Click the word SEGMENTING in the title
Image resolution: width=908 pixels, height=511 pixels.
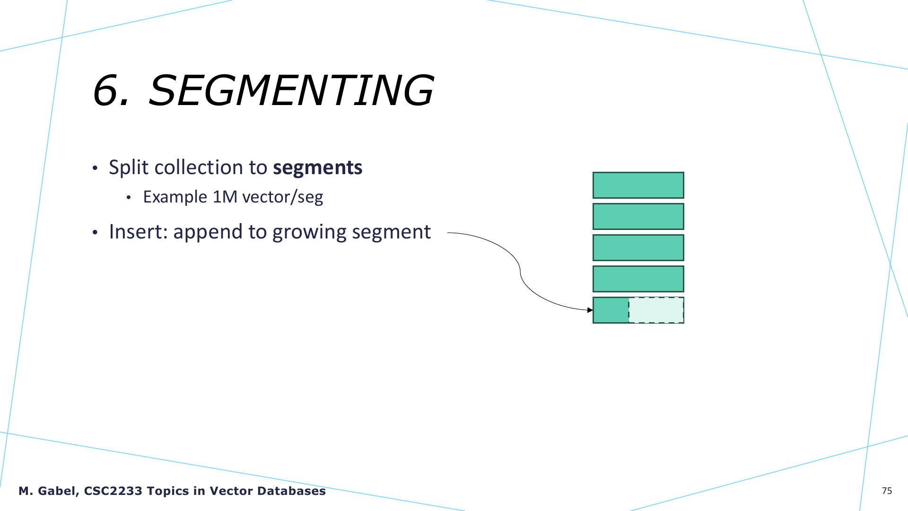click(x=291, y=90)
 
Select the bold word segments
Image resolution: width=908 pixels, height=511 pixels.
click(x=318, y=168)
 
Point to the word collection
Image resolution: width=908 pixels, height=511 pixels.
click(x=199, y=167)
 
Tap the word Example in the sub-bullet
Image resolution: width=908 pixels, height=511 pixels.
click(x=175, y=197)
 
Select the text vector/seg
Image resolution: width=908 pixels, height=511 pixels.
click(x=283, y=197)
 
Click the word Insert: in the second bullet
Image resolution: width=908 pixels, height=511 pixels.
click(x=139, y=232)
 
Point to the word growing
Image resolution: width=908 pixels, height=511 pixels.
click(x=309, y=233)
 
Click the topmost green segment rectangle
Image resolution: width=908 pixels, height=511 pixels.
click(x=638, y=185)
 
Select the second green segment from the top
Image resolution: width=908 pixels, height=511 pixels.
click(x=638, y=216)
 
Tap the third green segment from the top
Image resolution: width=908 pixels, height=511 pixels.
click(x=638, y=247)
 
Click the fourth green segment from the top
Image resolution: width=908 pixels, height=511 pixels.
click(x=638, y=279)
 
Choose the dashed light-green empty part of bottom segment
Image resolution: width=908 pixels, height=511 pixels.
click(x=656, y=310)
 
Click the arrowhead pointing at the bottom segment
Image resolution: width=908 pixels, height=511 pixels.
click(x=590, y=310)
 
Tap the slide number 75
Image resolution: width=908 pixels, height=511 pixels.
click(x=887, y=491)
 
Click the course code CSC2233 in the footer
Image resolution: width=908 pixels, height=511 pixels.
click(x=113, y=491)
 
